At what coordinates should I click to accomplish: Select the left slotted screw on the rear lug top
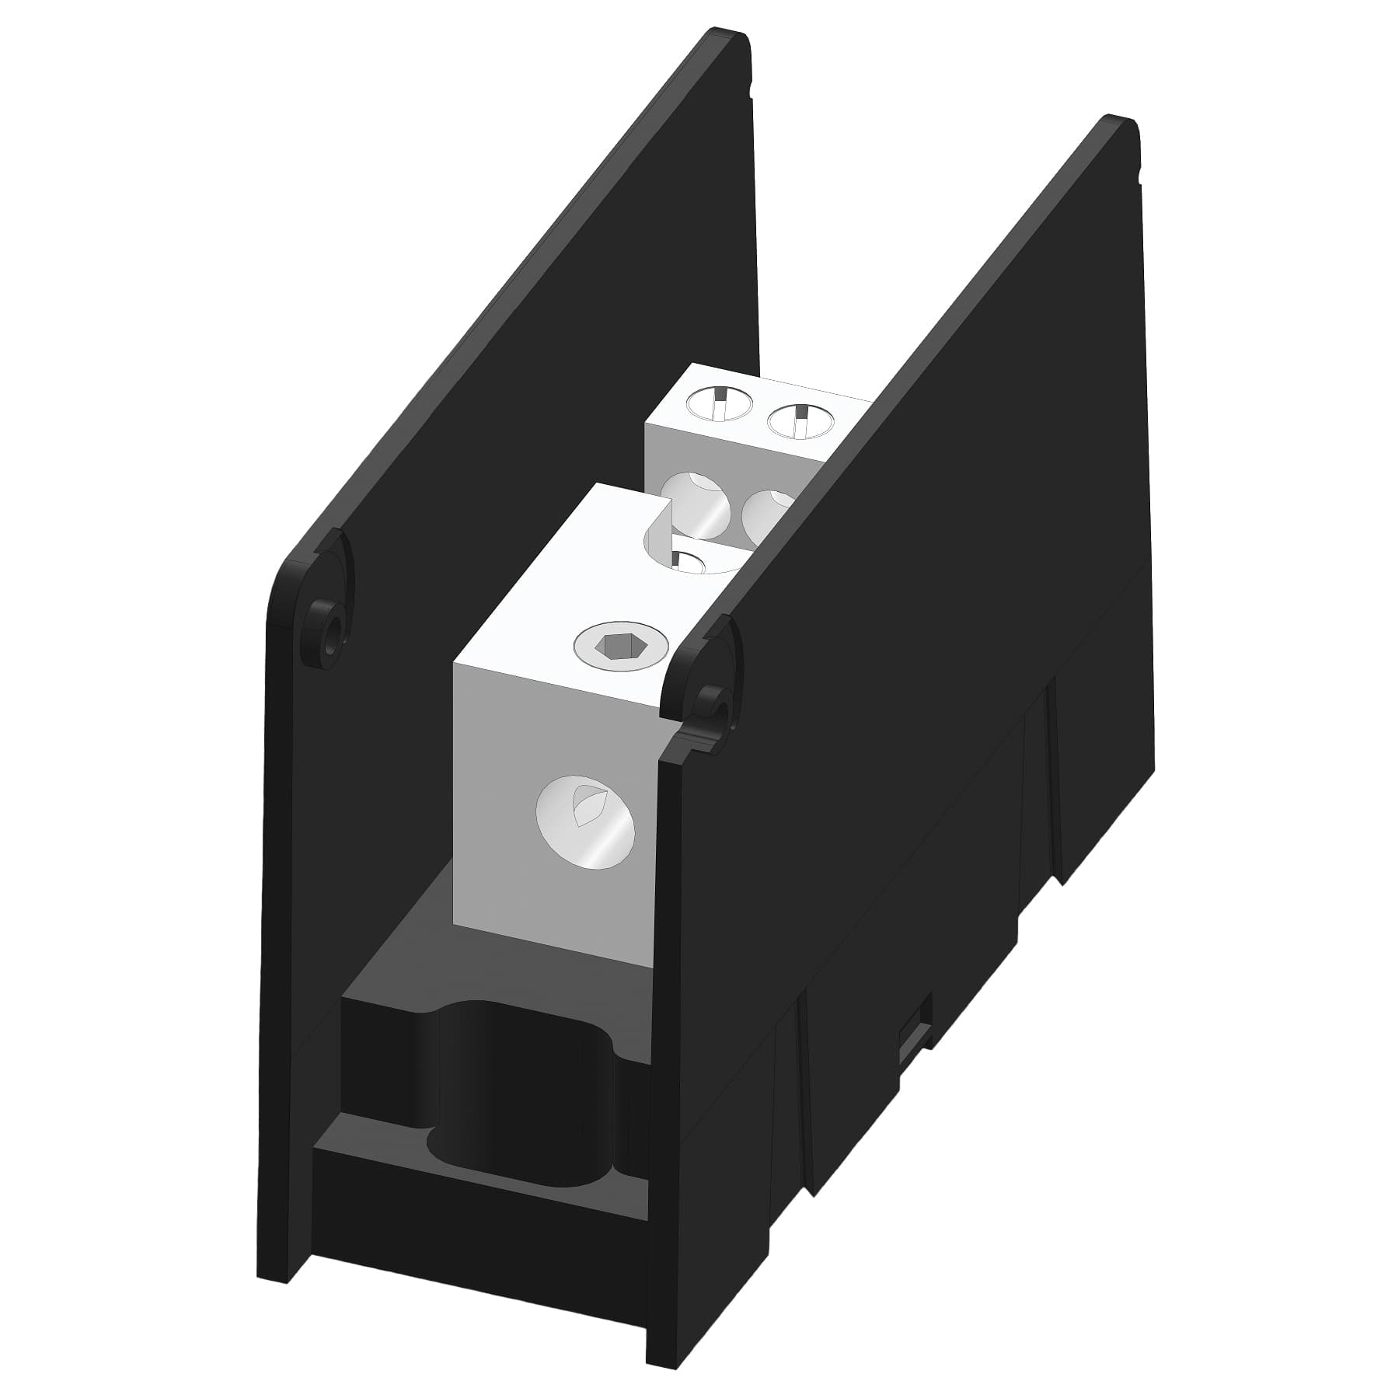(720, 405)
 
